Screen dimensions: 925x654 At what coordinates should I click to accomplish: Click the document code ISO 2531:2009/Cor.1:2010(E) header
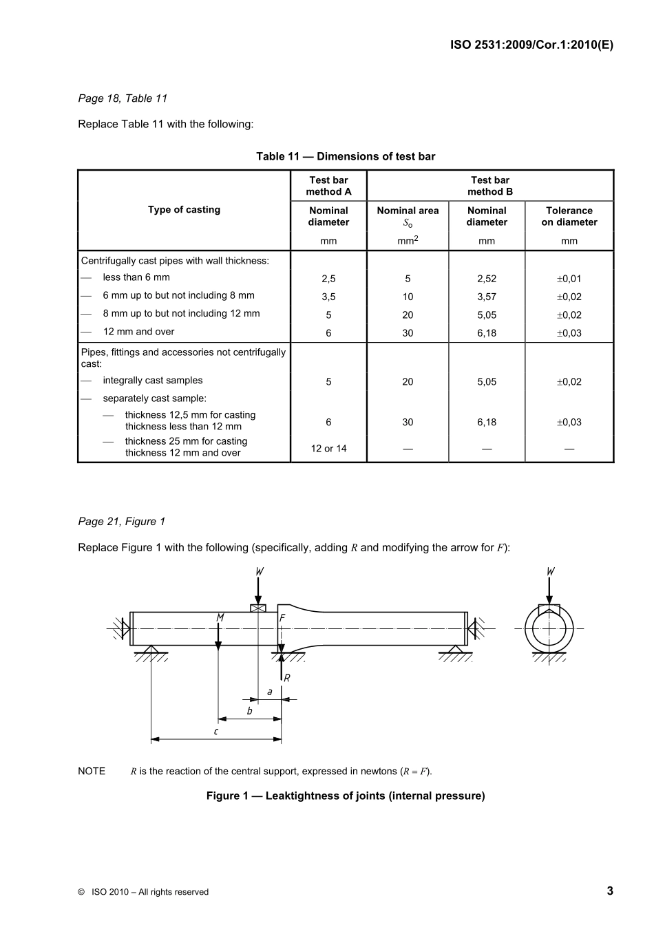[531, 45]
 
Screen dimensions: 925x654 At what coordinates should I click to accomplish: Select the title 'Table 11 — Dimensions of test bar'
[346, 156]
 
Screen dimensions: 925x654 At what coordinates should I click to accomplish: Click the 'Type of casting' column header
[184, 210]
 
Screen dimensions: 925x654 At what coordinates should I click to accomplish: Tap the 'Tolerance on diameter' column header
[569, 216]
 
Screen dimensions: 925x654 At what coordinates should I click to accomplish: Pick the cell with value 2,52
[486, 279]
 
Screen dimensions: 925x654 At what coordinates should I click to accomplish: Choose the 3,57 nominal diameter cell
[486, 297]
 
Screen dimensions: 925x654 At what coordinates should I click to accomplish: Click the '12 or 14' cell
[328, 449]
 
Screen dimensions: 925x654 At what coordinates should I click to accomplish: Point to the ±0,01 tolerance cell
[569, 279]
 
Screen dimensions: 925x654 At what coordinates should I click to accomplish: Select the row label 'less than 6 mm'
[136, 277]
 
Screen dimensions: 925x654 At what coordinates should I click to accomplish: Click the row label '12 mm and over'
[138, 332]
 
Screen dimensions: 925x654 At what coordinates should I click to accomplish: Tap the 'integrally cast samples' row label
[153, 381]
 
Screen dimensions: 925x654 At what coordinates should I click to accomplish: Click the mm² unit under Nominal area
[408, 241]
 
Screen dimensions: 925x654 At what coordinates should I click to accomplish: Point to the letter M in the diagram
[220, 618]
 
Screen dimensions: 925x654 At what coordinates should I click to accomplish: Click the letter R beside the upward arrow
[287, 678]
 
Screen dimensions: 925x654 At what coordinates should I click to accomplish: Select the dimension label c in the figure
[216, 731]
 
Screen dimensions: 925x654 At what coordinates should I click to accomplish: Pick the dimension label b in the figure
[249, 711]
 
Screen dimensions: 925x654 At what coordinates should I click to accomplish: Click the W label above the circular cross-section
[550, 572]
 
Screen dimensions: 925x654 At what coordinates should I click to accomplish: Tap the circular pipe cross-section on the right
[549, 628]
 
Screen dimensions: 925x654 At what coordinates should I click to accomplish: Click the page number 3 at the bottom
[609, 891]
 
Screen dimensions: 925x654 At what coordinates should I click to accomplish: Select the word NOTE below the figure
[92, 771]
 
